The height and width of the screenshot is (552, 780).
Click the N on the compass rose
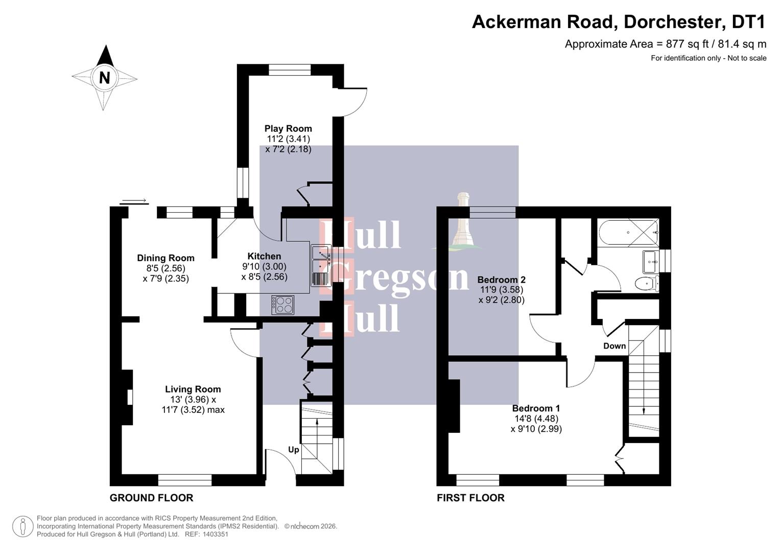tap(104, 78)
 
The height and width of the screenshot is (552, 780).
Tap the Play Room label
tap(288, 128)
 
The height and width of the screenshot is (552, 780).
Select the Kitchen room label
tap(264, 256)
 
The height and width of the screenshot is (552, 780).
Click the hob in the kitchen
tap(283, 305)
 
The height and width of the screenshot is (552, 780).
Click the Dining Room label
tap(166, 258)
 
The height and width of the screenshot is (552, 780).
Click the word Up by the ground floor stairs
tap(293, 450)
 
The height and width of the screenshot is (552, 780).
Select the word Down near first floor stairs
tap(614, 346)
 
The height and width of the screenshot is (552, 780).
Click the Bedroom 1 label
tap(536, 408)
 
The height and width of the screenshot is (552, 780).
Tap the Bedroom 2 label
tap(501, 280)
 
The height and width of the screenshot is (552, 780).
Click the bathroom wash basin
tap(651, 261)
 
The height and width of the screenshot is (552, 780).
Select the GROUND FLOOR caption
tap(151, 497)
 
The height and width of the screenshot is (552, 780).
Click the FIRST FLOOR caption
tap(470, 497)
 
